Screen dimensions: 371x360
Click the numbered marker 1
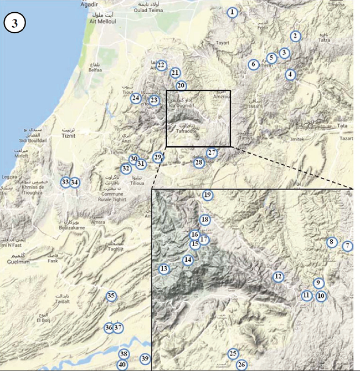point(233,12)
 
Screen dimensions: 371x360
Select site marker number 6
point(253,64)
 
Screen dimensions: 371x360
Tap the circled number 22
point(161,65)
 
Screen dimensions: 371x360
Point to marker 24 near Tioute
point(136,98)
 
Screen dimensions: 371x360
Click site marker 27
point(212,153)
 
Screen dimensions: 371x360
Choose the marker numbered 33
point(65,182)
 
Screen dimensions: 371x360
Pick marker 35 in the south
point(111,296)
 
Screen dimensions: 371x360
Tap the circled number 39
point(145,358)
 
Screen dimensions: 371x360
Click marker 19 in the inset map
point(208,195)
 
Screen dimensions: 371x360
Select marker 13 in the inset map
point(163,269)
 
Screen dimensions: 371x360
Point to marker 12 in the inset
point(278,276)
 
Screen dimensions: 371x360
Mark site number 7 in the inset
point(347,246)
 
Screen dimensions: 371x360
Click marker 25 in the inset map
point(233,353)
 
